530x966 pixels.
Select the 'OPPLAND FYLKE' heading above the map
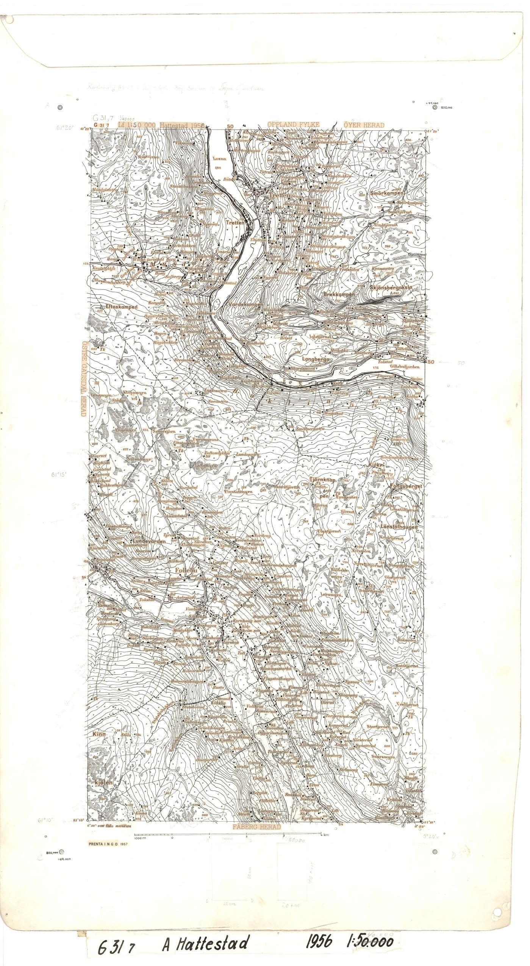tap(293, 125)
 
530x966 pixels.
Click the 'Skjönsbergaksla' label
tap(390, 288)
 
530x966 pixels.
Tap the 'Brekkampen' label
tap(339, 294)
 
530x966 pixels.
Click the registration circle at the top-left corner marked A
tap(60, 108)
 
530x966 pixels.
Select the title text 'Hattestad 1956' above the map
tap(182, 125)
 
